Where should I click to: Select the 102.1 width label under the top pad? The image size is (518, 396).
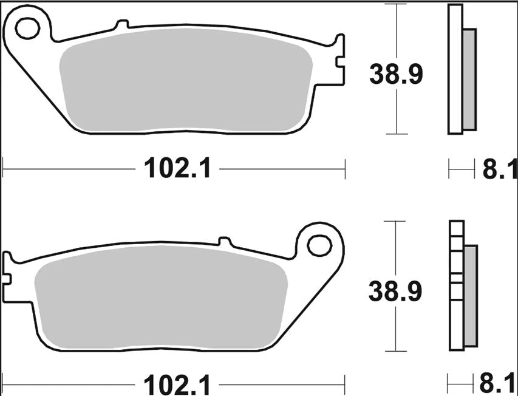[x=178, y=168]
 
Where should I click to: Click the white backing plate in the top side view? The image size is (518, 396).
[x=455, y=69]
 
